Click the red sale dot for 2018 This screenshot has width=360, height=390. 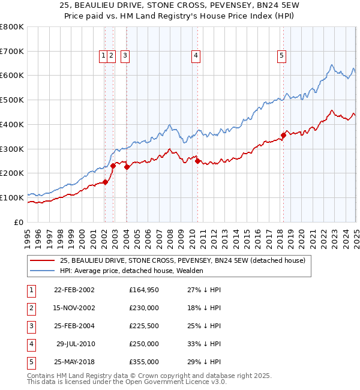pos(283,135)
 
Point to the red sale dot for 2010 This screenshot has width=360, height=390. pos(197,161)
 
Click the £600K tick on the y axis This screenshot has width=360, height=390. pos(12,76)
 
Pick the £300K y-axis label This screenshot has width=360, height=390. pos(12,149)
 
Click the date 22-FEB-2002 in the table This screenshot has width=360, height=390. pos(74,290)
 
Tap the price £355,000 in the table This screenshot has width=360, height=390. pos(144,362)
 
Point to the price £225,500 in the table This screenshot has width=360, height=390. pos(144,326)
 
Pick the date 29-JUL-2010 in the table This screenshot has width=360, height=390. pos(76,344)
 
